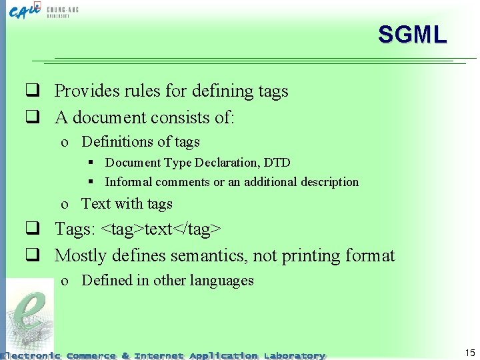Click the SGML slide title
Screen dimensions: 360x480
tap(412, 34)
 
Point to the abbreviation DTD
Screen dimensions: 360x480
tap(277, 163)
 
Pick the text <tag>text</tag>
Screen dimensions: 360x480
tap(161, 229)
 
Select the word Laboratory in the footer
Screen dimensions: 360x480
tap(294, 355)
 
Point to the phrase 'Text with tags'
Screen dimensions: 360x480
tap(127, 204)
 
